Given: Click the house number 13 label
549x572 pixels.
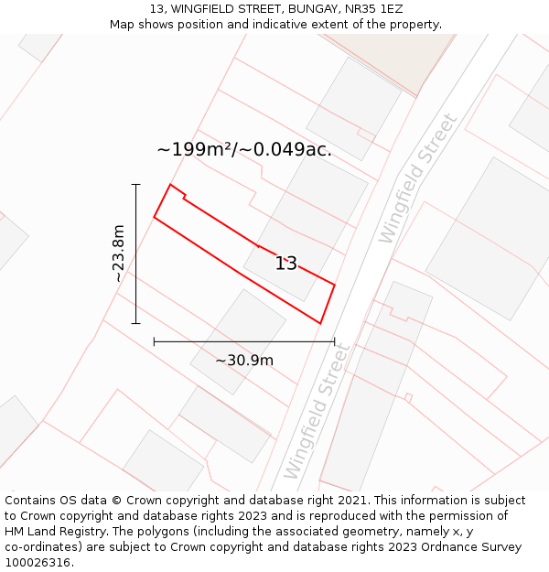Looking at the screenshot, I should click(286, 264).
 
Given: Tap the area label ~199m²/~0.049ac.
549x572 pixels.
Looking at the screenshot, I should click(244, 150).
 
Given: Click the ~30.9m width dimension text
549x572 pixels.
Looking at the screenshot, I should click(244, 361).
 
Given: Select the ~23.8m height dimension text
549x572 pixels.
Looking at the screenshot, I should click(118, 254).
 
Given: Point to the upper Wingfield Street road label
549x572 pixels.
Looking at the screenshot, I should click(417, 178).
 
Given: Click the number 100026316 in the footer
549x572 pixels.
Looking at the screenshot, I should click(38, 563).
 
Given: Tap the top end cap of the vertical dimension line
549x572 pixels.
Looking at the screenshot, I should click(135, 185).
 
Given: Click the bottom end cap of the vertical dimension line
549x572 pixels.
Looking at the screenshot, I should click(135, 323).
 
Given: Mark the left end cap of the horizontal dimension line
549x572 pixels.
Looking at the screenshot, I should click(154, 341).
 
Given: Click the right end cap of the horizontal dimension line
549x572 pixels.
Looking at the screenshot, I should click(334, 341).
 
